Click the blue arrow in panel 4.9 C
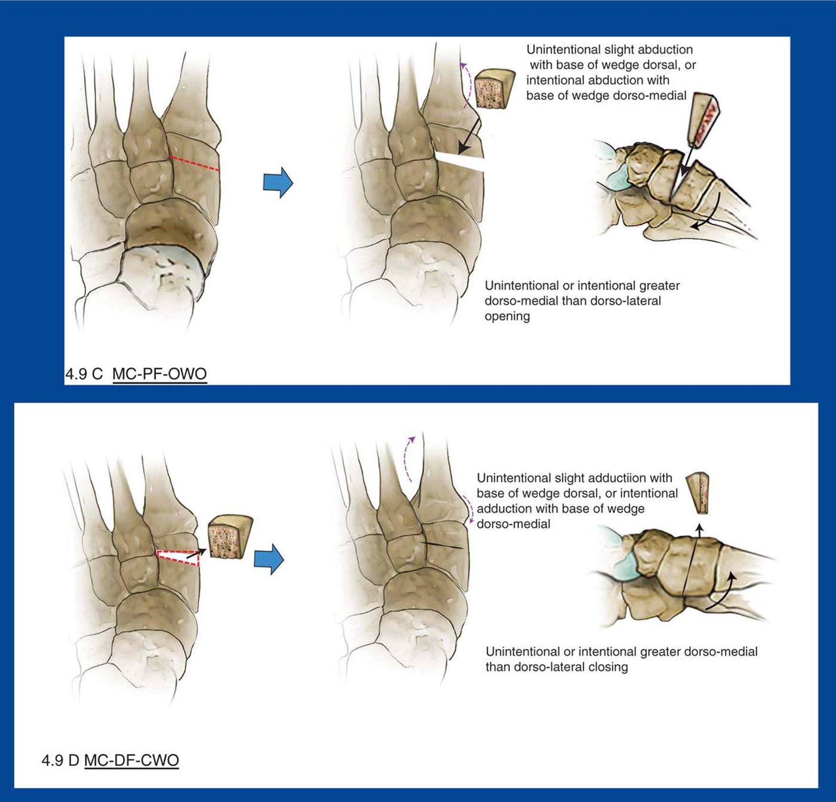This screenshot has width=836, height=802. (x=278, y=182)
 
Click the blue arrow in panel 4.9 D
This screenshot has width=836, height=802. (x=269, y=559)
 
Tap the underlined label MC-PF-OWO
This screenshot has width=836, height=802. (x=160, y=374)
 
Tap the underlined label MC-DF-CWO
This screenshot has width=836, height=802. (x=131, y=760)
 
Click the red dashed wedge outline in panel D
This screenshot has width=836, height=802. (x=178, y=558)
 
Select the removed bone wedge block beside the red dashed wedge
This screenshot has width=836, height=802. (x=230, y=537)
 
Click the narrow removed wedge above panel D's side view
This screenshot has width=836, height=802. (x=698, y=493)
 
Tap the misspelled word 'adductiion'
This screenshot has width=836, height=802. (x=605, y=478)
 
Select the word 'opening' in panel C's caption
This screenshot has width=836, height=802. (x=507, y=317)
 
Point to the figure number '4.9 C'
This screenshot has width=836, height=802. (x=84, y=374)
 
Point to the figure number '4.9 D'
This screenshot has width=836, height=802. (x=60, y=760)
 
